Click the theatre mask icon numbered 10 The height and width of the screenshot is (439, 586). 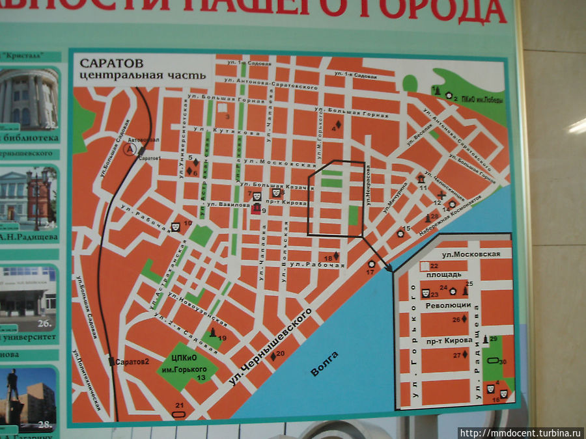coord(175,226)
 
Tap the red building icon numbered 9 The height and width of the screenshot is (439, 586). coord(256,208)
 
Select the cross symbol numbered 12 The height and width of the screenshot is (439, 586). coord(442,194)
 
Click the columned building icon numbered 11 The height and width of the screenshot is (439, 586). coord(421,178)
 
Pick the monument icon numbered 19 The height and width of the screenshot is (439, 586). coord(213,334)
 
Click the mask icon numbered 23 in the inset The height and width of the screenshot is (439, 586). coord(425,293)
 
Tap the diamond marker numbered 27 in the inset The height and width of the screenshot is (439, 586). coord(465,354)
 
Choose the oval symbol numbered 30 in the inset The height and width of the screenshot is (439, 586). coord(494,361)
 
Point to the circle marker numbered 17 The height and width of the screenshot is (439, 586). coord(370,264)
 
